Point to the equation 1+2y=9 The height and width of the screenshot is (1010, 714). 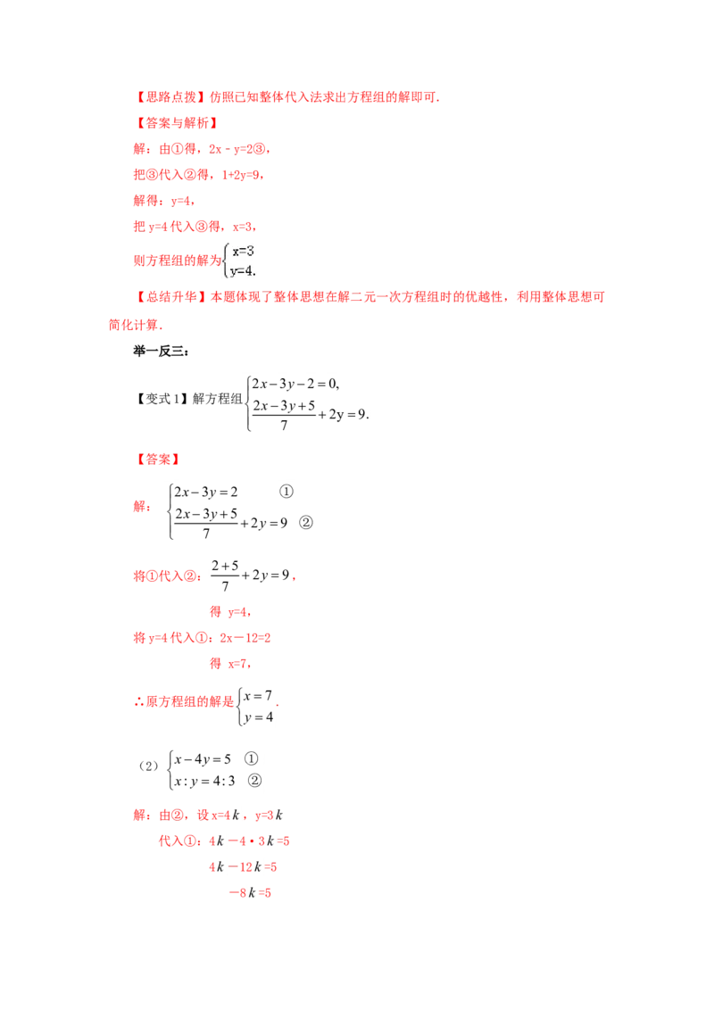click(242, 175)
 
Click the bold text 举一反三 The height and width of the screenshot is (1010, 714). click(160, 351)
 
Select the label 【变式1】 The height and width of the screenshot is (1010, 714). click(162, 399)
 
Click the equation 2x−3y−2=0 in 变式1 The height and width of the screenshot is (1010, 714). click(295, 384)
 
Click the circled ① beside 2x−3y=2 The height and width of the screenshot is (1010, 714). click(286, 492)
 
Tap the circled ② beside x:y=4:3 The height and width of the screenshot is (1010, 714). click(254, 781)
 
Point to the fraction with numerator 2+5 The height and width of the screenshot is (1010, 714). click(225, 575)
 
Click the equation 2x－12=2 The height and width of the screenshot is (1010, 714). click(245, 638)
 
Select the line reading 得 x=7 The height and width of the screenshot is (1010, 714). click(230, 664)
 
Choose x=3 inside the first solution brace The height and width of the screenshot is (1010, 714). click(243, 252)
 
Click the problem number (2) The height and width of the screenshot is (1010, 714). click(148, 766)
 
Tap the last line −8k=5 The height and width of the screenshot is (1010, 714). click(250, 893)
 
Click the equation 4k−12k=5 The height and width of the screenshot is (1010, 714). click(242, 867)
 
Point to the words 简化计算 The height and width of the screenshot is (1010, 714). click(133, 325)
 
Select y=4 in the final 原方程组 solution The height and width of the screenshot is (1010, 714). click(259, 717)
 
